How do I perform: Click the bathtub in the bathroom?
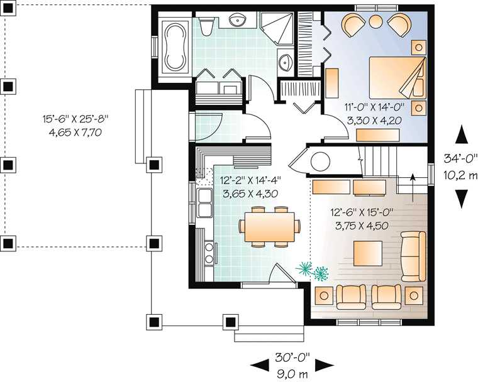[x=175, y=46]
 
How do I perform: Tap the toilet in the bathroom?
[x=207, y=26]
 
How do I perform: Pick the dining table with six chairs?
[x=269, y=226]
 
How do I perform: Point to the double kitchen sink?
[x=205, y=202]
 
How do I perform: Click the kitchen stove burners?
[x=209, y=253]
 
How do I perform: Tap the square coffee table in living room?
[x=368, y=253]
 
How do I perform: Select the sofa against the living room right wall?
[x=413, y=256]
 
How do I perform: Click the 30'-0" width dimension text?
[x=292, y=357]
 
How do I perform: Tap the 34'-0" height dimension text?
[x=460, y=158]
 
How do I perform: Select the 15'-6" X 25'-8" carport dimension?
[x=75, y=119]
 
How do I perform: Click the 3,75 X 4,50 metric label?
[x=362, y=226]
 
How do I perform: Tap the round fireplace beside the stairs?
[x=320, y=161]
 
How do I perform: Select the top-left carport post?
[x=8, y=9]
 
